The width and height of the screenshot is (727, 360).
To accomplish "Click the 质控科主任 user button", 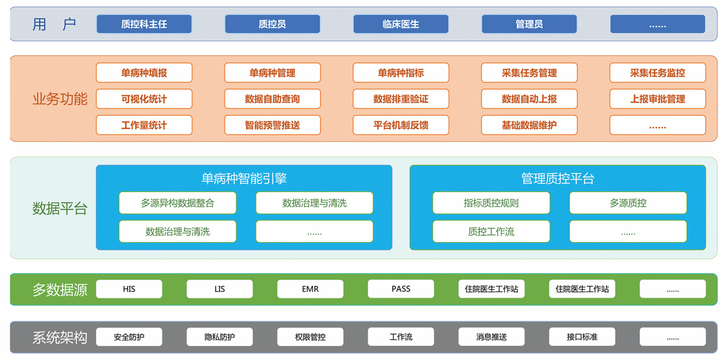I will pyautogui.click(x=144, y=24).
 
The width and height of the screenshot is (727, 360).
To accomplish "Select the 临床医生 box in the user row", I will pyautogui.click(x=401, y=24).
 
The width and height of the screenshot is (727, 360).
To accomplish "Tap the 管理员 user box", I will pyautogui.click(x=529, y=24).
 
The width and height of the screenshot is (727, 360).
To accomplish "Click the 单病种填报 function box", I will pyautogui.click(x=144, y=73).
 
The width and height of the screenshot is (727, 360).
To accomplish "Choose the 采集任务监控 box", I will pyautogui.click(x=657, y=73).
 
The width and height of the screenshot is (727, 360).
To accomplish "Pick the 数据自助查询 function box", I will pyautogui.click(x=272, y=99).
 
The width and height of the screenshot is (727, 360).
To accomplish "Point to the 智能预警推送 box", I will pyautogui.click(x=272, y=125).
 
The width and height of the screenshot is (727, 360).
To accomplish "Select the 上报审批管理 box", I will pyautogui.click(x=657, y=99).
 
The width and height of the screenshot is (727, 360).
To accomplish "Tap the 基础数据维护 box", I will pyautogui.click(x=529, y=125).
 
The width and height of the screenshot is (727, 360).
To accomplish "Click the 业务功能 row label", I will pyautogui.click(x=59, y=99).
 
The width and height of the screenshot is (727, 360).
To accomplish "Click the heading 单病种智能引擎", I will pyautogui.click(x=243, y=178).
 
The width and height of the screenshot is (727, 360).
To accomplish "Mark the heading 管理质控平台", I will pyautogui.click(x=557, y=178).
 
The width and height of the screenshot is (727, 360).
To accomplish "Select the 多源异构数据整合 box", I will pyautogui.click(x=177, y=203).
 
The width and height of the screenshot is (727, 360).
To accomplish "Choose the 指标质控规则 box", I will pyautogui.click(x=491, y=203).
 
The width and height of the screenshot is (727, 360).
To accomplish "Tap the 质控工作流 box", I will pyautogui.click(x=491, y=231).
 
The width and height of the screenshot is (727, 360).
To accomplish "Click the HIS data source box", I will pyautogui.click(x=129, y=289).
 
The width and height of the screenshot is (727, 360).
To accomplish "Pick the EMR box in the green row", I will pyautogui.click(x=310, y=289).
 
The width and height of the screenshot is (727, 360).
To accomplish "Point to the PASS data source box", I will pyautogui.click(x=401, y=289).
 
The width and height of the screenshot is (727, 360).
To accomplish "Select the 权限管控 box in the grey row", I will pyautogui.click(x=310, y=337).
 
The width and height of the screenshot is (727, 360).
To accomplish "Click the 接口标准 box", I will pyautogui.click(x=581, y=337).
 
